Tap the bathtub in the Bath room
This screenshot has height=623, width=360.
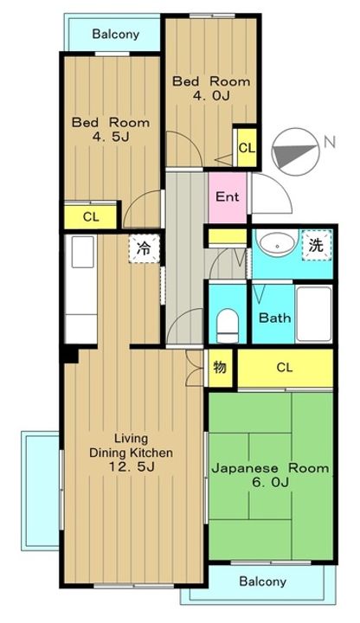point(314,313)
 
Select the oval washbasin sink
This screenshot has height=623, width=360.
point(277,245)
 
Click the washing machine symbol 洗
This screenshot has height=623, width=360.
point(316,246)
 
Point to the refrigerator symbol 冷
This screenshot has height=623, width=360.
point(144,248)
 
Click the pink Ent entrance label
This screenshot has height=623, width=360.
point(228,196)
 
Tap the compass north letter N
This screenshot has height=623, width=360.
point(330,142)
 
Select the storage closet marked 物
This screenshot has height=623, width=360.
point(220,368)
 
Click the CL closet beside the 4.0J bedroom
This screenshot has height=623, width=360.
point(247,148)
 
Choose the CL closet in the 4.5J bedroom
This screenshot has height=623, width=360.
point(91,217)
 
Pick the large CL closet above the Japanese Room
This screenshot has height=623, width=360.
point(285,368)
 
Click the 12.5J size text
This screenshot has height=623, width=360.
point(132,466)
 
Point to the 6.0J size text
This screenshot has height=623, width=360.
point(270,482)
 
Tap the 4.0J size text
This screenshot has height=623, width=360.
point(211,95)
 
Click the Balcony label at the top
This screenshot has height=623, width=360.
point(116,34)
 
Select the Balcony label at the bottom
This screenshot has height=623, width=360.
point(263,581)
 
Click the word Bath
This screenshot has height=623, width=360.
point(274,318)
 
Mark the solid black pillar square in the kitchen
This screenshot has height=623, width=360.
point(70,355)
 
